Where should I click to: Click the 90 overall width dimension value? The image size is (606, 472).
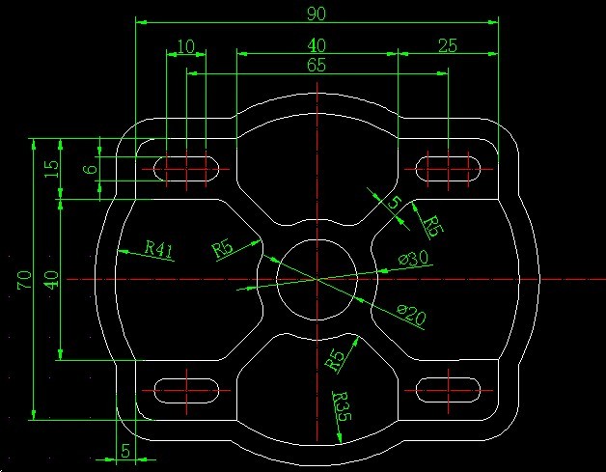click(317, 14)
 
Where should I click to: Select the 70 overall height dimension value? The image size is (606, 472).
click(24, 280)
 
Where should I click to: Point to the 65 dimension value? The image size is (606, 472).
click(317, 65)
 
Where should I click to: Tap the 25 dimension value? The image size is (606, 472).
click(448, 46)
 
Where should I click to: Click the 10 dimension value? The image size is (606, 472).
click(186, 46)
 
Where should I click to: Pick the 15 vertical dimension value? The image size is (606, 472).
click(51, 169)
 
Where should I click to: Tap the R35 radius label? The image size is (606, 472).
click(342, 406)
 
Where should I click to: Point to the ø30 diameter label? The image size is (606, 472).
click(414, 259)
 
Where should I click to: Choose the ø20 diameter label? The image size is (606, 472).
click(412, 315)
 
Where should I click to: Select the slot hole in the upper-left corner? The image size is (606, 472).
click(186, 169)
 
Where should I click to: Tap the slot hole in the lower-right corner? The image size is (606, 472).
click(449, 390)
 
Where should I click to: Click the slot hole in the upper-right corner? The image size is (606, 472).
click(449, 169)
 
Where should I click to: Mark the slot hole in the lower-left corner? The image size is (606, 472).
click(186, 390)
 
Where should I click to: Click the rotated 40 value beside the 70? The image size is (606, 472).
click(51, 279)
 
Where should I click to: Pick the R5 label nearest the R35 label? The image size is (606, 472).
click(335, 360)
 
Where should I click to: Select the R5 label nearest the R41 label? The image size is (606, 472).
click(223, 249)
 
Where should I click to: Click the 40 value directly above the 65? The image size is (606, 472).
click(317, 45)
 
